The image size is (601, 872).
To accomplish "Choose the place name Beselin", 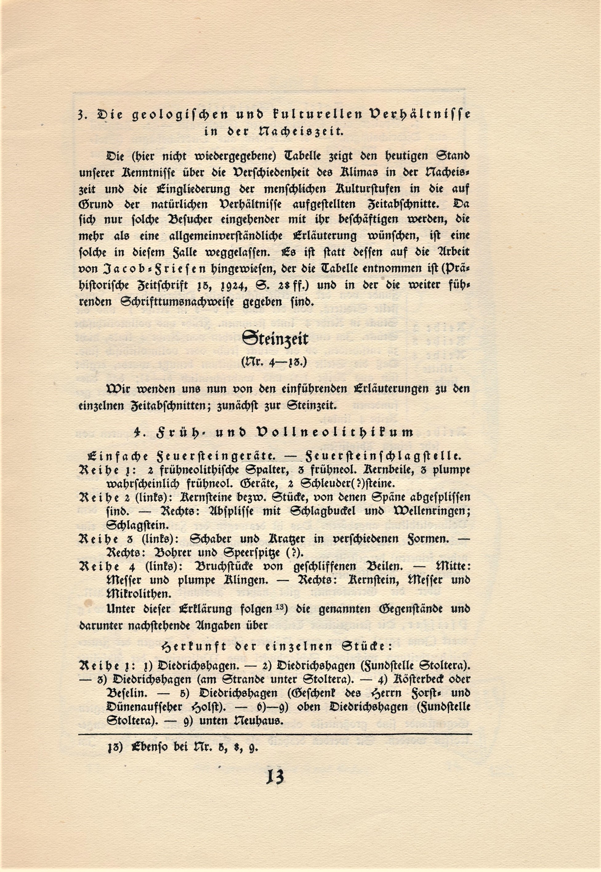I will [x=127, y=693].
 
